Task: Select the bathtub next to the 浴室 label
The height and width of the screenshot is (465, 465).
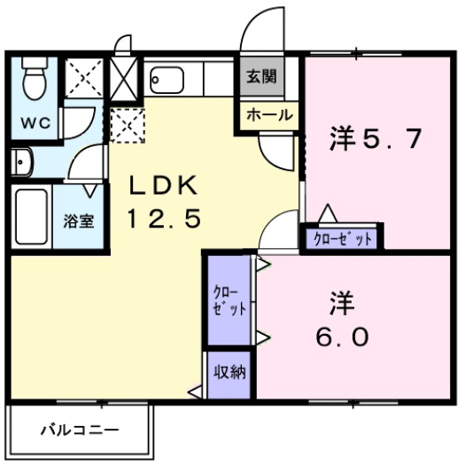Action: click(x=32, y=216)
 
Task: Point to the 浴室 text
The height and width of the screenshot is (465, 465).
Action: click(x=78, y=221)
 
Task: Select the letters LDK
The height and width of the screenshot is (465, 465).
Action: click(x=167, y=186)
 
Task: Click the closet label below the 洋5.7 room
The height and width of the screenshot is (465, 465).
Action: click(x=341, y=238)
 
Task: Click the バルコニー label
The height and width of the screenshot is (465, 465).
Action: click(x=80, y=432)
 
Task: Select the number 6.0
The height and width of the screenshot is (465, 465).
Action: click(x=341, y=337)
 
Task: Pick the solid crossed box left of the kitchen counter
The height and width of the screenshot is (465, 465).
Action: click(x=124, y=75)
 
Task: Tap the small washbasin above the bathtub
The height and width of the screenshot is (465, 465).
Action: click(x=22, y=162)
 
